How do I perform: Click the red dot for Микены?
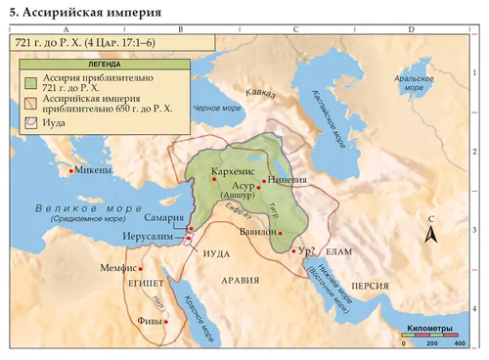[x=70, y=170]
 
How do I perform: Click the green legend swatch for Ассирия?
[x=32, y=80]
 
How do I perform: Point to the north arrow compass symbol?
[x=430, y=232]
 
